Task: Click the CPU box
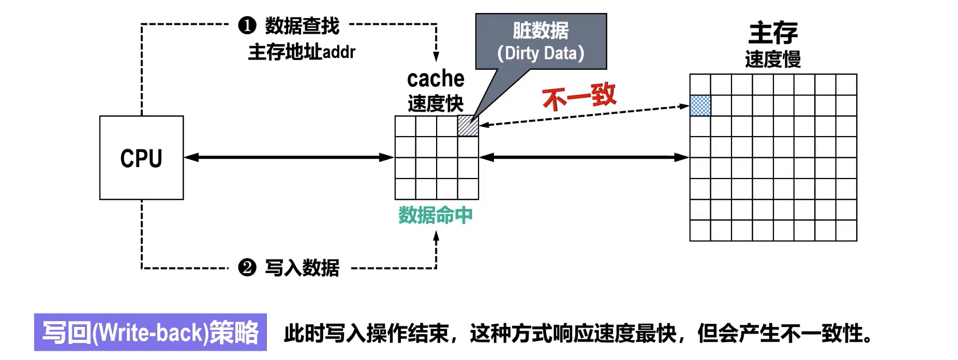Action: (x=141, y=158)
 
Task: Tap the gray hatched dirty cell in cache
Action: (x=468, y=126)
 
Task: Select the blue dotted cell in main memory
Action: (x=700, y=106)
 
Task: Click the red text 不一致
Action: (x=579, y=96)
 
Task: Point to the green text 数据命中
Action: (x=436, y=215)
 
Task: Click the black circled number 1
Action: (x=247, y=25)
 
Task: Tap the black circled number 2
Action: (x=247, y=267)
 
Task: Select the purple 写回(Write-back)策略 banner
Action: (x=151, y=332)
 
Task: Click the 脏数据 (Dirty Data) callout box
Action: (x=541, y=41)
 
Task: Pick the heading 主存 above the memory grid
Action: (x=773, y=33)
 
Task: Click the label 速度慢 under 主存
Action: (x=773, y=59)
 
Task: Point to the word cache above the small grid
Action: (x=436, y=79)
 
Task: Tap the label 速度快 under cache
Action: (x=436, y=103)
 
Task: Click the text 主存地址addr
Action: (x=302, y=52)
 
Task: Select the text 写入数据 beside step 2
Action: (x=302, y=268)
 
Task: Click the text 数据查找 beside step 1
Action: (x=302, y=25)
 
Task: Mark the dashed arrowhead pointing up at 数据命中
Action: (x=436, y=237)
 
